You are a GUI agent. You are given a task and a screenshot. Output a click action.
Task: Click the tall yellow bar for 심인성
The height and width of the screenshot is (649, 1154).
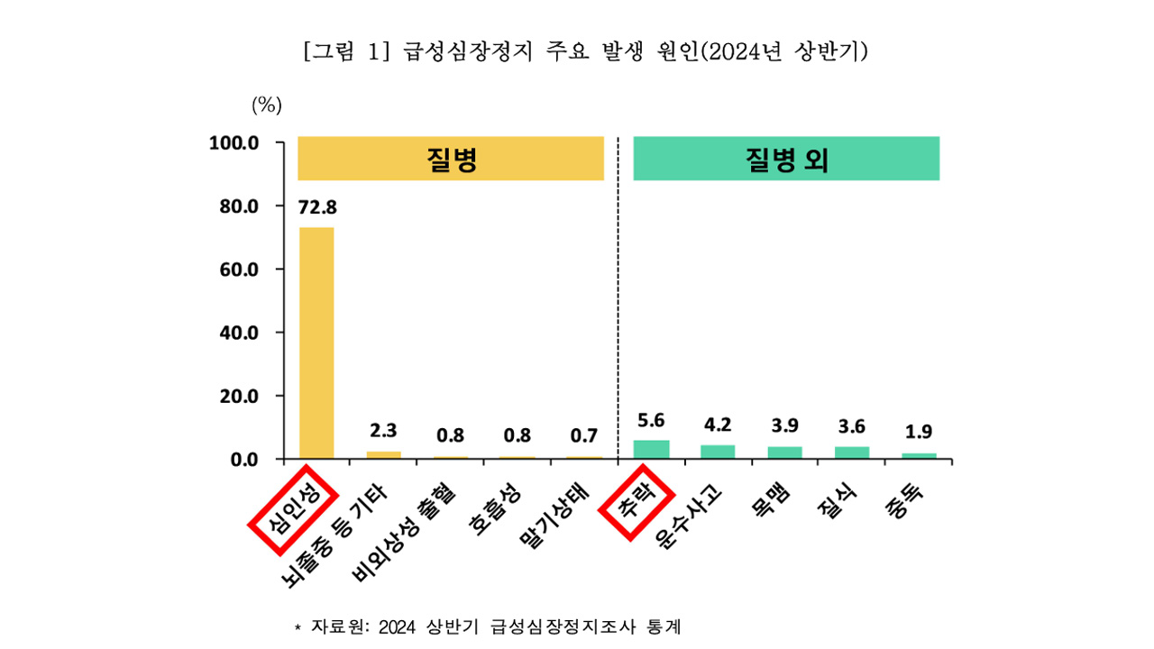316,343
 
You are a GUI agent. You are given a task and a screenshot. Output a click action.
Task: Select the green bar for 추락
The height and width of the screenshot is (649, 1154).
652,450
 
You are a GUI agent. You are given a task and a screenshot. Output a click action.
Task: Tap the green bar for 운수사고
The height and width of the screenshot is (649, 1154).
718,452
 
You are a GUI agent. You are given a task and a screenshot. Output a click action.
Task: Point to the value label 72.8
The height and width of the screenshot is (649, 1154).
316,208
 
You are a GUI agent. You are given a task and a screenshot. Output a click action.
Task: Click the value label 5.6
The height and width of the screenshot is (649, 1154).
652,420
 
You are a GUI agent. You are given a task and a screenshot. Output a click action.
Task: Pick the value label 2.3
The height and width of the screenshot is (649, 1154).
383,430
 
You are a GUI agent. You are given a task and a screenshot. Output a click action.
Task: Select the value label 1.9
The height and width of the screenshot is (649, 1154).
919,431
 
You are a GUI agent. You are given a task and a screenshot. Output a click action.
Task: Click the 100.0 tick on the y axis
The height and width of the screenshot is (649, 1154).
234,143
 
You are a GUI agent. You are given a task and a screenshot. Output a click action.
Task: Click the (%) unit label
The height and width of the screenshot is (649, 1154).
267,105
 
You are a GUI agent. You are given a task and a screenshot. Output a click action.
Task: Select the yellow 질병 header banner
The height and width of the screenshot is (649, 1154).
450,160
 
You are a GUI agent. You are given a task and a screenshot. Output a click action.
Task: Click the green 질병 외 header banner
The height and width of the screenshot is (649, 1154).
786,160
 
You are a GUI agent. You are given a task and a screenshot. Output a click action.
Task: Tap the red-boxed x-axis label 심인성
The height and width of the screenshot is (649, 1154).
291,509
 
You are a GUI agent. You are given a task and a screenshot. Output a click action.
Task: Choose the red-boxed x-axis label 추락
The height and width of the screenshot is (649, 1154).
636,500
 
